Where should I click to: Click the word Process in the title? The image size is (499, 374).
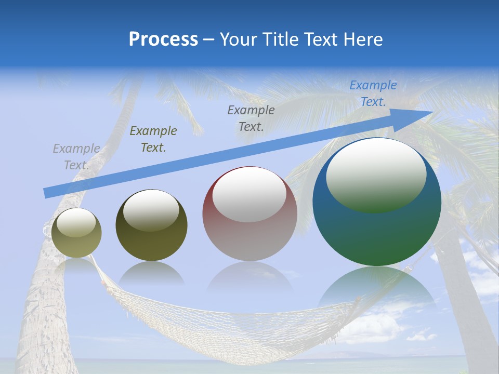[163, 39]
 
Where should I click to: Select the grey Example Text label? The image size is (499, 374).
[76, 157]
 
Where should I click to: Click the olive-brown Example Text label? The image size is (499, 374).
[153, 139]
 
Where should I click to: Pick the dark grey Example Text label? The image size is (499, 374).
[251, 118]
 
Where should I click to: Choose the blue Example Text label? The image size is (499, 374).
[373, 94]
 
